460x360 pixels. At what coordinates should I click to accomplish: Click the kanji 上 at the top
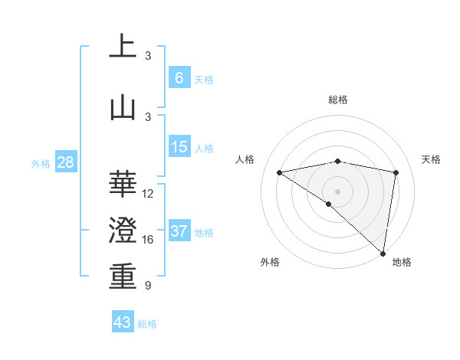click(123, 46)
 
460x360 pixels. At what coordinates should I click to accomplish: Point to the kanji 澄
click(123, 230)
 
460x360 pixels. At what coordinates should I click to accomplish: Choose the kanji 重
click(123, 277)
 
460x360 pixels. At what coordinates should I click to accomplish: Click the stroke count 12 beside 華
click(148, 194)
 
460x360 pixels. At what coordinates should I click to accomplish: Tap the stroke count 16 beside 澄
click(148, 240)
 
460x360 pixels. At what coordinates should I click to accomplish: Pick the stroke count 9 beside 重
click(147, 286)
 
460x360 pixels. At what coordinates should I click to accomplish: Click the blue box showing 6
click(179, 77)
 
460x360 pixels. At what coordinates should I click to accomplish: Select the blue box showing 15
click(179, 147)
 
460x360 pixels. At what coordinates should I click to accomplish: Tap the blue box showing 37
click(179, 231)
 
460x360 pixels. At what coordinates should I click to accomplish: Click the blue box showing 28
click(65, 162)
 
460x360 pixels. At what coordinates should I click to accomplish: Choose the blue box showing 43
click(122, 322)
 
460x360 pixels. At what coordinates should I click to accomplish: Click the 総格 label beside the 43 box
click(147, 324)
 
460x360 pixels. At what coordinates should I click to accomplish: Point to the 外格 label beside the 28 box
click(41, 164)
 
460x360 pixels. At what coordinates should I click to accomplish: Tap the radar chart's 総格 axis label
click(337, 100)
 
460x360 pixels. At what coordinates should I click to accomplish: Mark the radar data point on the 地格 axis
click(383, 253)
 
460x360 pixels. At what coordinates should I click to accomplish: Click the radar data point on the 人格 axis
click(280, 172)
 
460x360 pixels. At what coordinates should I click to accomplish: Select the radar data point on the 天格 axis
click(396, 172)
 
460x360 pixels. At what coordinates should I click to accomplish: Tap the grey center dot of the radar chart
click(337, 191)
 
